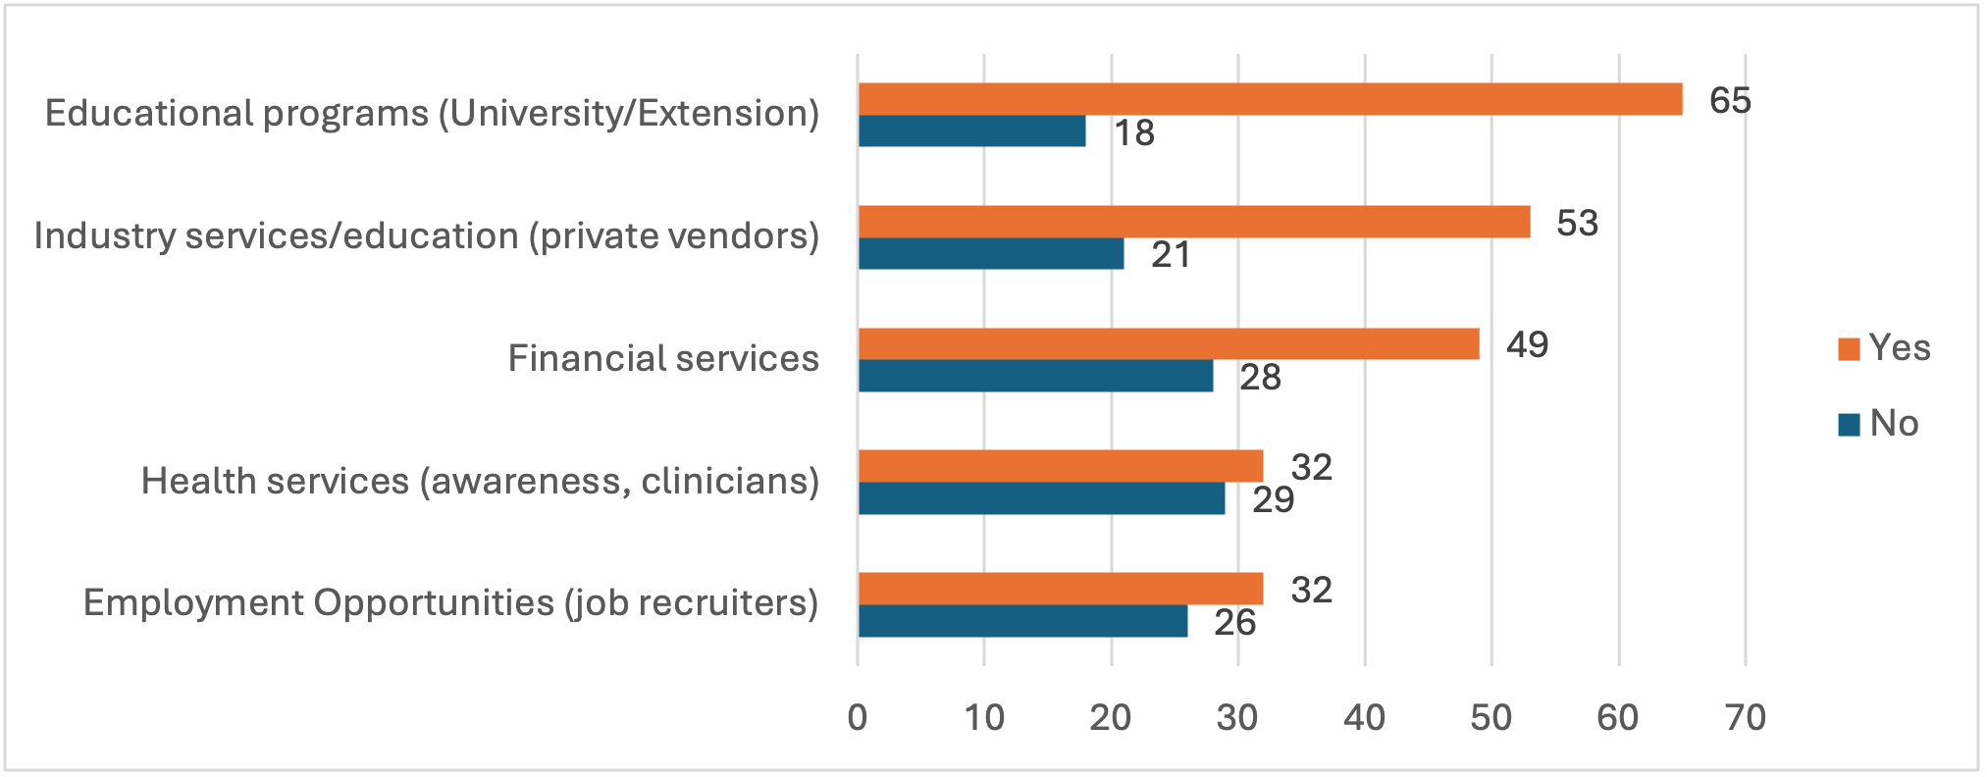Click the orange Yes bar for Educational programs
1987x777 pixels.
[1270, 99]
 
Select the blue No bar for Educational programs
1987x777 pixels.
[971, 131]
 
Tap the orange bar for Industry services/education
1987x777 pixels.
[1194, 222]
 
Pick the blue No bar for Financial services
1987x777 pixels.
[1035, 376]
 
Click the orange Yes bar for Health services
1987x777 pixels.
[1060, 466]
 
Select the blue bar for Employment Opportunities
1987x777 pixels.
[1022, 621]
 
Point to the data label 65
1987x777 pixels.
[1730, 100]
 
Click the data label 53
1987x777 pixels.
[1577, 223]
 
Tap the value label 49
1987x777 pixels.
[1527, 344]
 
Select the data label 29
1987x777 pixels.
[1273, 499]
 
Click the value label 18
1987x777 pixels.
[1133, 132]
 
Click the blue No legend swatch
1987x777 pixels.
[1849, 425]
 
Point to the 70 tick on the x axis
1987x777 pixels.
[1745, 718]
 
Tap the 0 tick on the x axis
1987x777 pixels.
[858, 718]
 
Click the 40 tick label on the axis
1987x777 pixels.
[1364, 718]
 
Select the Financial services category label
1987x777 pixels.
[662, 358]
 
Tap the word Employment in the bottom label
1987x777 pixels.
[192, 602]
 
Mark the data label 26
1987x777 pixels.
[1234, 622]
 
